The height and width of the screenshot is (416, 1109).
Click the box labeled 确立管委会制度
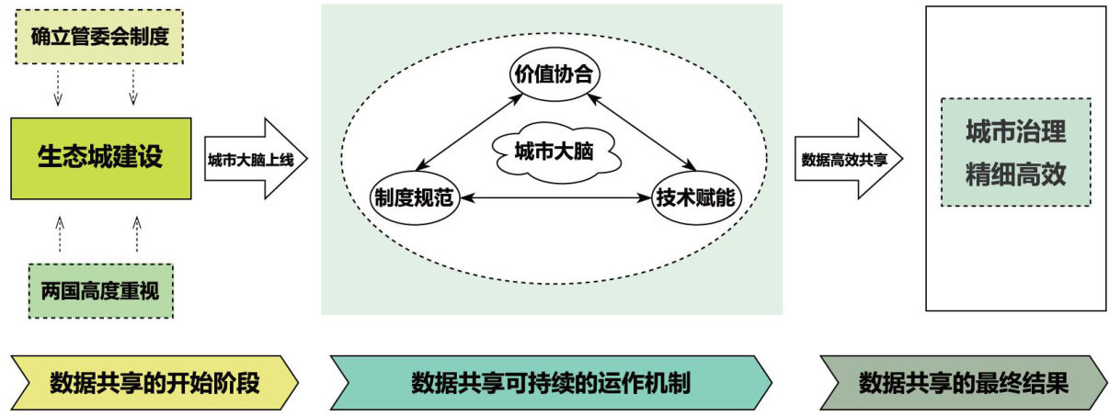[x=100, y=39]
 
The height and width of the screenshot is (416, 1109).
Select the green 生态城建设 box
[x=100, y=158]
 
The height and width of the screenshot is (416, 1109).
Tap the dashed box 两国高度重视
[x=100, y=291]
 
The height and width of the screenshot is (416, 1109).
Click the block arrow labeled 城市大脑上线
[x=254, y=158]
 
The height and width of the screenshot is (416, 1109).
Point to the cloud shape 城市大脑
[x=553, y=152]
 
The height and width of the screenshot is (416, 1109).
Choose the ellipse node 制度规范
[x=415, y=197]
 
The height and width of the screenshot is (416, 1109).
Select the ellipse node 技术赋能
[x=697, y=197]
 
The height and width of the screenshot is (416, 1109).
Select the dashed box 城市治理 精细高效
[x=1015, y=152]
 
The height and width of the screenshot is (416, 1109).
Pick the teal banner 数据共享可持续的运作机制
[x=550, y=383]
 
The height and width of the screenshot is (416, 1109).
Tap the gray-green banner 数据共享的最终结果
[x=963, y=383]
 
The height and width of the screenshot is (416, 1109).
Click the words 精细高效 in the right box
[x=1015, y=174]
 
